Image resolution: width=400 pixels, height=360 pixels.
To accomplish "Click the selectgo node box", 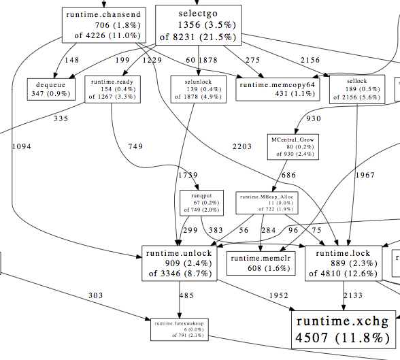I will click(x=199, y=24).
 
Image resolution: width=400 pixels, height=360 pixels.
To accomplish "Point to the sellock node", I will click(x=352, y=89).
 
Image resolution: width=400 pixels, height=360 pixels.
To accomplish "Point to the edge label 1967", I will click(x=365, y=176).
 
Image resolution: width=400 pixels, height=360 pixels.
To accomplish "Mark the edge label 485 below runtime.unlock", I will click(x=186, y=295).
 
